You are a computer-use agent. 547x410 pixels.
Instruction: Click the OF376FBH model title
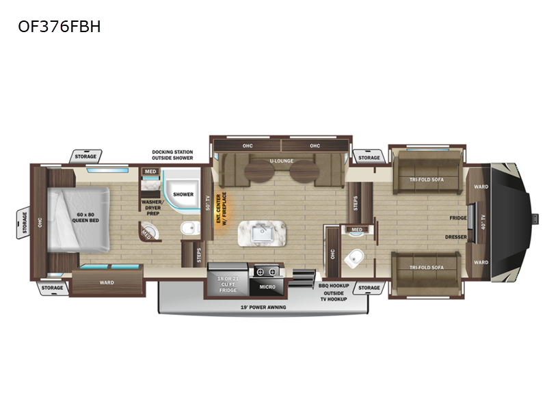[59, 27]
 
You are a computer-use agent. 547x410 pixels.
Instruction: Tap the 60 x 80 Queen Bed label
[85, 217]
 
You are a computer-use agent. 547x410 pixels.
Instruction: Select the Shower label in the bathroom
[183, 195]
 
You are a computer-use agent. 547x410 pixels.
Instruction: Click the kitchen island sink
[262, 233]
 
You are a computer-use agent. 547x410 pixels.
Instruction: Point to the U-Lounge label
[282, 161]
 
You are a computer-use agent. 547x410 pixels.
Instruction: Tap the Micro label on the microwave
[267, 287]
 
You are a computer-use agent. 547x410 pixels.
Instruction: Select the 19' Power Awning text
[263, 307]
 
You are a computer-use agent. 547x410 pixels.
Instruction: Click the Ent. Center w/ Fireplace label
[221, 208]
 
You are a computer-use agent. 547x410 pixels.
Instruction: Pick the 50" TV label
[208, 202]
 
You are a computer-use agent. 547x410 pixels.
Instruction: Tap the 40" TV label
[483, 221]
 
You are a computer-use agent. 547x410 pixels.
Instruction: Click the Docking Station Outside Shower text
[172, 155]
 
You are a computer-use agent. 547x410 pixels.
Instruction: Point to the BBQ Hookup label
[334, 286]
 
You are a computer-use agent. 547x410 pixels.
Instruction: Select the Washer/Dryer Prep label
[152, 208]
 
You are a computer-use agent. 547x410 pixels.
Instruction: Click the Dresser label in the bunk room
[456, 237]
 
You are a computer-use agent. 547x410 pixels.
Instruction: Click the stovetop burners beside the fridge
[266, 271]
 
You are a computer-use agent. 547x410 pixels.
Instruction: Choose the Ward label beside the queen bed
[107, 283]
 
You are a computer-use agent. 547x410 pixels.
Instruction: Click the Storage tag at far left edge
[25, 223]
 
